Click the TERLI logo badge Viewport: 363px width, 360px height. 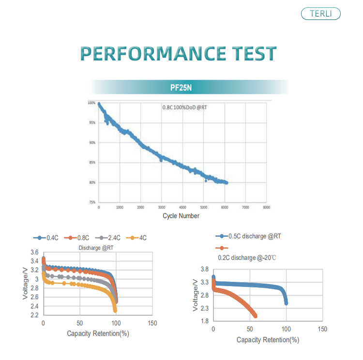click(320, 14)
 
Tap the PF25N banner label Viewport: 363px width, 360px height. click(187, 88)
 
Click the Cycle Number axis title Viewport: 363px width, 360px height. click(181, 216)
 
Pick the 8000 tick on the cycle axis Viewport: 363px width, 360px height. click(266, 207)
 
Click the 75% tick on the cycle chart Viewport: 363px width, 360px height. click(91, 202)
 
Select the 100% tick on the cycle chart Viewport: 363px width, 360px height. click(91, 103)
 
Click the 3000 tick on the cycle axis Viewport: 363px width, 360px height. click(161, 207)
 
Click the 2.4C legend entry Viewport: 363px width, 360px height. click(113, 238)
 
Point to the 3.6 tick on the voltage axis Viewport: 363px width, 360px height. click(34, 253)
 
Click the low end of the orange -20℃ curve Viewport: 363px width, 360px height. click(255, 316)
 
